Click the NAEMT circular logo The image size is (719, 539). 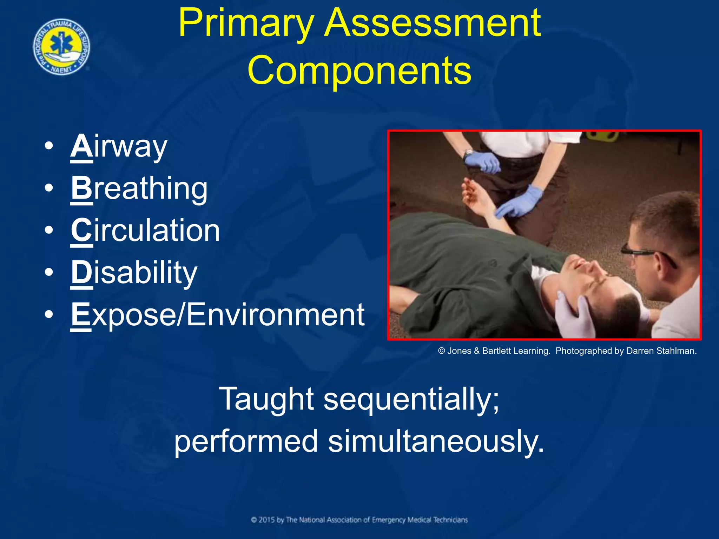(62, 47)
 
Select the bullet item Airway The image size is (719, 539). (119, 146)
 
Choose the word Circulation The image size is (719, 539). (145, 231)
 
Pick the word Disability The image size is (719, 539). (134, 273)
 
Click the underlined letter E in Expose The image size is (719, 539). (80, 314)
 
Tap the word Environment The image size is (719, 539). (276, 314)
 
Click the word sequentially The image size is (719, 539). (411, 399)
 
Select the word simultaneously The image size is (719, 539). (435, 441)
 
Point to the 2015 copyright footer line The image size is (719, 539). (359, 520)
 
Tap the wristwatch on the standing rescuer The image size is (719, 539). (469, 154)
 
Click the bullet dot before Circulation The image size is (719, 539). (49, 231)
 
